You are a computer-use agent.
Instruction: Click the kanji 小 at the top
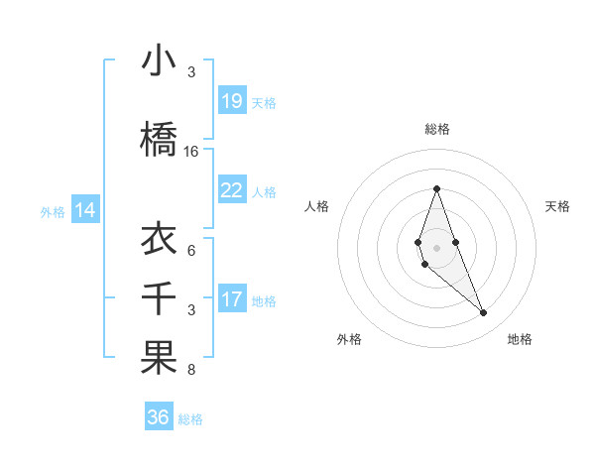(x=159, y=60)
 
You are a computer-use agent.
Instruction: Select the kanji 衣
(x=159, y=238)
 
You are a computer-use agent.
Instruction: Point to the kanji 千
(x=159, y=298)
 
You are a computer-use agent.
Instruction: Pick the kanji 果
(x=159, y=358)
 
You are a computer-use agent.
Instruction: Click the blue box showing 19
(x=232, y=100)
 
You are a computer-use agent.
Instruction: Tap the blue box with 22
(x=232, y=190)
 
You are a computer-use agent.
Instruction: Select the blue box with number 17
(x=232, y=299)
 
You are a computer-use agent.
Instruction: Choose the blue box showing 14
(x=85, y=210)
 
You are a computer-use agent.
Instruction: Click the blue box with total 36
(x=159, y=417)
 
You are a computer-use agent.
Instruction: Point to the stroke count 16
(x=191, y=152)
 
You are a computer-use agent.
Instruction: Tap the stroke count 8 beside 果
(x=191, y=371)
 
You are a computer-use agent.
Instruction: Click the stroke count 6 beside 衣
(x=191, y=250)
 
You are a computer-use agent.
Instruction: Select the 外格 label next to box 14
(x=52, y=211)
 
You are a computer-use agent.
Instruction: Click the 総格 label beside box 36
(x=190, y=419)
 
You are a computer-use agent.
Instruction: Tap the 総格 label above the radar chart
(x=437, y=129)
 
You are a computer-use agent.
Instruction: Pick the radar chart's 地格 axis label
(x=520, y=339)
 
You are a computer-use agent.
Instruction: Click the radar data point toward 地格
(x=483, y=313)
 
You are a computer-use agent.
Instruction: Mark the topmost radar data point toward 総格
(x=436, y=188)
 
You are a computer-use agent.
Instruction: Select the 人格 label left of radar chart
(x=317, y=206)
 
